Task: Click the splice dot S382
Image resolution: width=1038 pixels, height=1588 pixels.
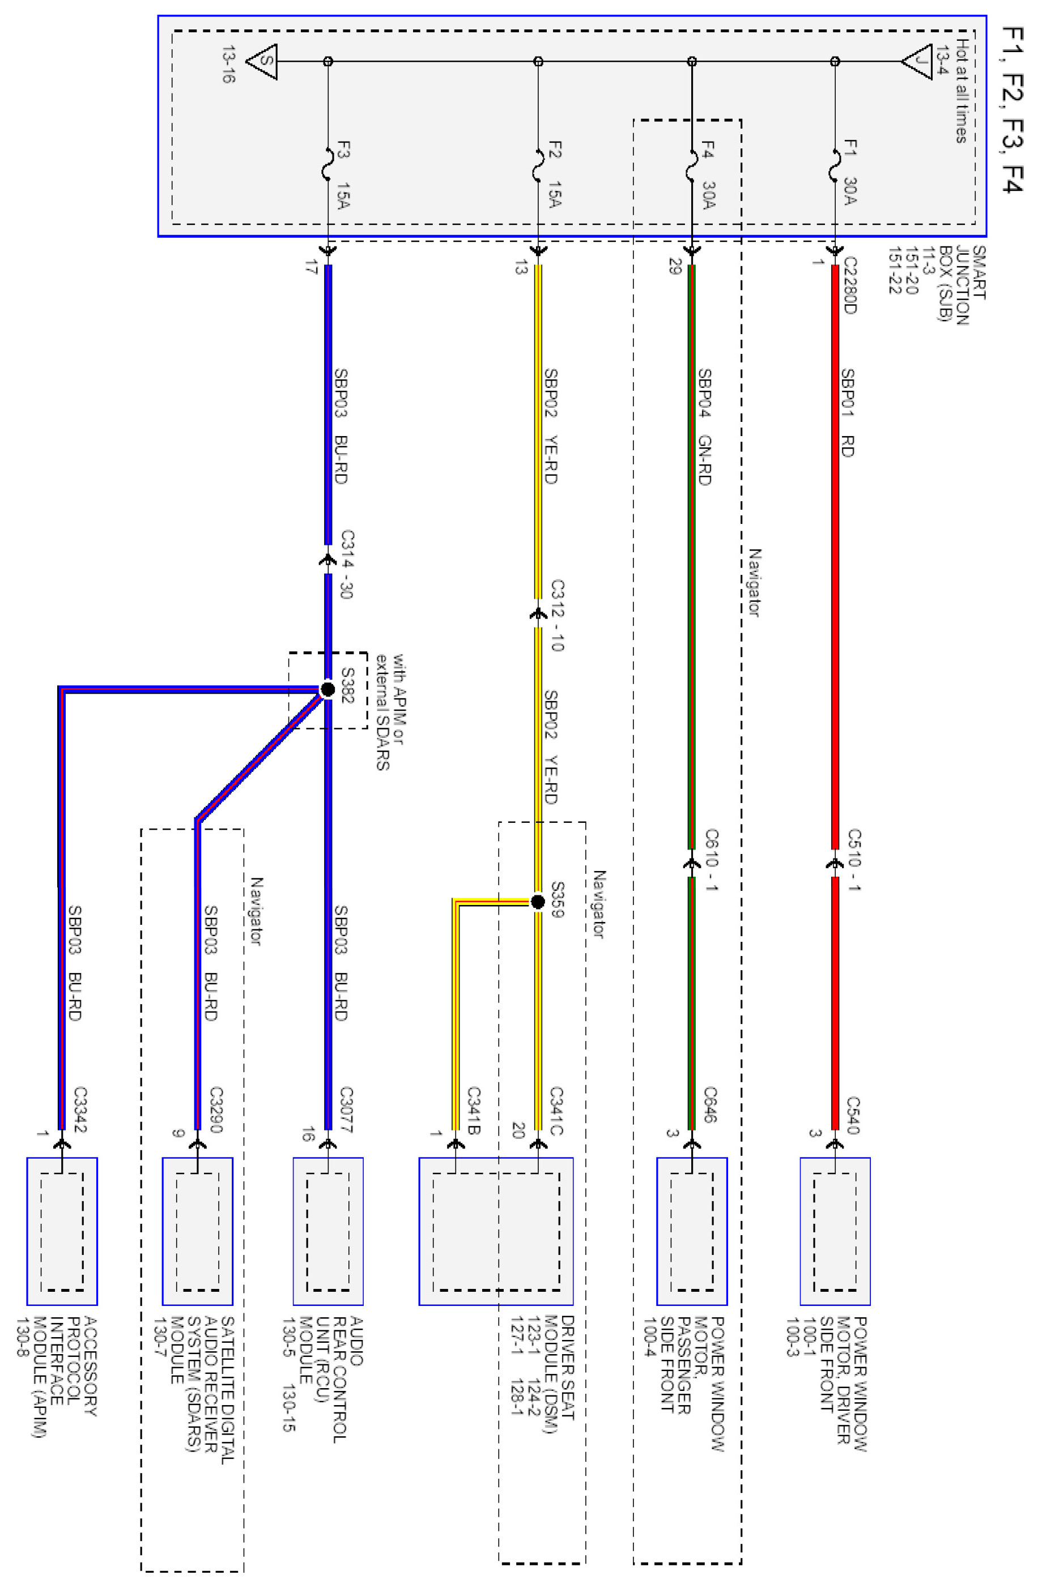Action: click(x=327, y=689)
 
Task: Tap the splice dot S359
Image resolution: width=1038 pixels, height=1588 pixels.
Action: click(x=538, y=902)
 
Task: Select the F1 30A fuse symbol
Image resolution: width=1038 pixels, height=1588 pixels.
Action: click(x=835, y=165)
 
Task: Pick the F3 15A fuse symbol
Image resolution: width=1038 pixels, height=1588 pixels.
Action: click(x=327, y=165)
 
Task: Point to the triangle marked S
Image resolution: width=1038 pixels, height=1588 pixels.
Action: click(x=262, y=61)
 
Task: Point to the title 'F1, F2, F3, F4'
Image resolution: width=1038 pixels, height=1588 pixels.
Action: click(x=1012, y=110)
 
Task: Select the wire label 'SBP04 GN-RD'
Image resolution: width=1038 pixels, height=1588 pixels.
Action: click(x=704, y=426)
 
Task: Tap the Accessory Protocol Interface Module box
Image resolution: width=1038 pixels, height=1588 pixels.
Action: click(x=62, y=1231)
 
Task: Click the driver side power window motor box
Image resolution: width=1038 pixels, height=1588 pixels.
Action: click(x=835, y=1231)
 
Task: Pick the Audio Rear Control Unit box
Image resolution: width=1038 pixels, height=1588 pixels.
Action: click(x=327, y=1231)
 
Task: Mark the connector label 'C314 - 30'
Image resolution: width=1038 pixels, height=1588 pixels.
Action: click(x=346, y=565)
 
